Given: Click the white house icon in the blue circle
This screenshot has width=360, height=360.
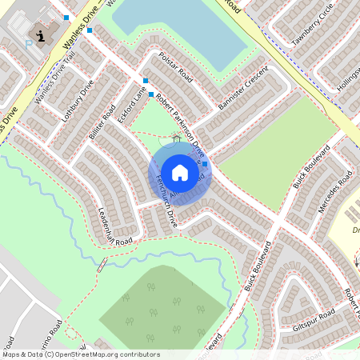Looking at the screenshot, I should (179, 172).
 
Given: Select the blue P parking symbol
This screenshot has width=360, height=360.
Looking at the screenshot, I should (29, 45).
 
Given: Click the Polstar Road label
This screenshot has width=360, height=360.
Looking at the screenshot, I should (175, 67).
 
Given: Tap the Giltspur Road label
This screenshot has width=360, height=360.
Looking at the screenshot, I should (311, 326).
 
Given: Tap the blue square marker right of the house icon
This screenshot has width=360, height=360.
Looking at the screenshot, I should (206, 164).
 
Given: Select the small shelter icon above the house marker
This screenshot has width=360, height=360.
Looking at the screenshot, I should (176, 138).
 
